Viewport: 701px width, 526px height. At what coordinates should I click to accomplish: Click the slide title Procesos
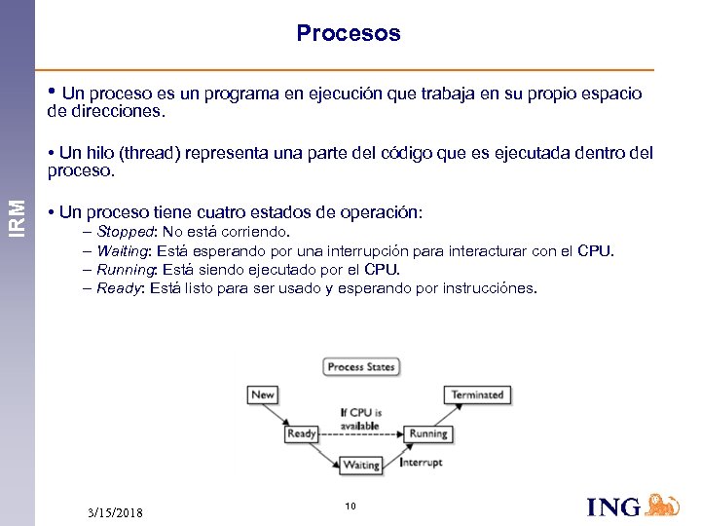pos(349,34)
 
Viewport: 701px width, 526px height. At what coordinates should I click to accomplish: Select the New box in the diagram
pos(263,394)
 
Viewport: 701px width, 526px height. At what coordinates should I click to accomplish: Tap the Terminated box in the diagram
pos(477,394)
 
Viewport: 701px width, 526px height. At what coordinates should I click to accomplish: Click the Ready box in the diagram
pos(302,433)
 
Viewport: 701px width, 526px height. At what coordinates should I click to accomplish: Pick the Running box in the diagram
pos(427,433)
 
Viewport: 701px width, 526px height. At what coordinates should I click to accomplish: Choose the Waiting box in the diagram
pos(361,466)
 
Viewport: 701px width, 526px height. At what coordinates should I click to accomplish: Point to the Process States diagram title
pos(360,367)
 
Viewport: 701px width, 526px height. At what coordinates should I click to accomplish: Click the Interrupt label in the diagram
pos(423,462)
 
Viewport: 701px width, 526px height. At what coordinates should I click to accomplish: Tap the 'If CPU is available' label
pos(360,419)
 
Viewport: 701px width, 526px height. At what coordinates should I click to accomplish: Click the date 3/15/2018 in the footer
pos(114,512)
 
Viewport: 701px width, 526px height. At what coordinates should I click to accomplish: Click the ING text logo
pos(613,507)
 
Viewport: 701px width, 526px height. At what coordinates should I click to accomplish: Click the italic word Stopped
pos(125,232)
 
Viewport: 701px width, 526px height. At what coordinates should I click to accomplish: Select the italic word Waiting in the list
pos(123,251)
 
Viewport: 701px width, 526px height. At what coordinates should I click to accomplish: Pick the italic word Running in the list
pos(125,270)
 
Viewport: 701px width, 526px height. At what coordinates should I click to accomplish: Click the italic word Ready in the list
pos(119,288)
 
